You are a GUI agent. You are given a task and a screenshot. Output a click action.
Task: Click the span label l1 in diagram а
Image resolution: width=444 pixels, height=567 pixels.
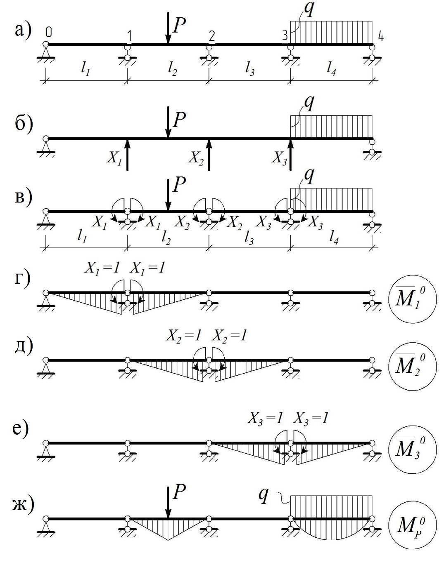click(x=86, y=71)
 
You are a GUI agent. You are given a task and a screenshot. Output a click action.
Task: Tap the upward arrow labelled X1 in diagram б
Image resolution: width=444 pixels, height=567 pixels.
click(x=127, y=155)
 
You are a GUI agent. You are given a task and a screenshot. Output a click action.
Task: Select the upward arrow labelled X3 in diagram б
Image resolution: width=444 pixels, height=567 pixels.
click(x=291, y=155)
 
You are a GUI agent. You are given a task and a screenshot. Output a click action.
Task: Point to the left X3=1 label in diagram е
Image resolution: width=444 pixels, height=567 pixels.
click(x=266, y=419)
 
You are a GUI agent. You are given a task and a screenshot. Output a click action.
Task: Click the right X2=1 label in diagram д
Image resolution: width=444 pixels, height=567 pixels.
click(x=230, y=336)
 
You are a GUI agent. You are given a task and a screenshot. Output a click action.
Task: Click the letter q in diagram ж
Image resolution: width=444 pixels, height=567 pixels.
click(x=263, y=496)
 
